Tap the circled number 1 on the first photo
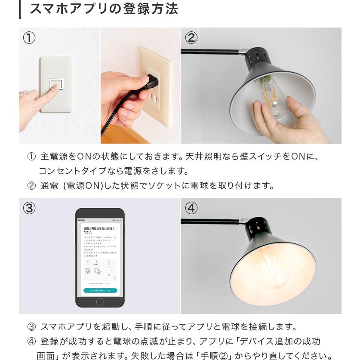coord(29,38)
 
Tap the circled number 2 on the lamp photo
coord(191,38)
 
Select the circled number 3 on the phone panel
coord(29,208)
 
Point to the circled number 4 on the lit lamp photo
coord(191,208)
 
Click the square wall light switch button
coord(55,84)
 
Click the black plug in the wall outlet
coord(152,80)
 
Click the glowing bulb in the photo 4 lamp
coord(274,271)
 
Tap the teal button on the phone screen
coord(100,291)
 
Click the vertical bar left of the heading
coord(20,9)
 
